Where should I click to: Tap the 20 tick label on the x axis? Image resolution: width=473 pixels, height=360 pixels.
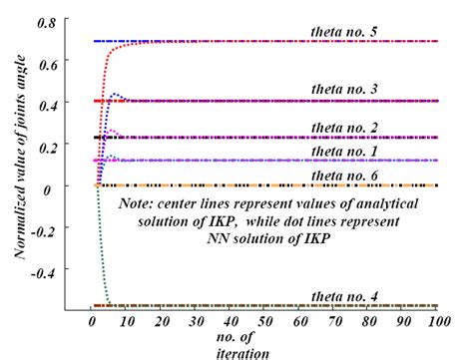161,322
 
